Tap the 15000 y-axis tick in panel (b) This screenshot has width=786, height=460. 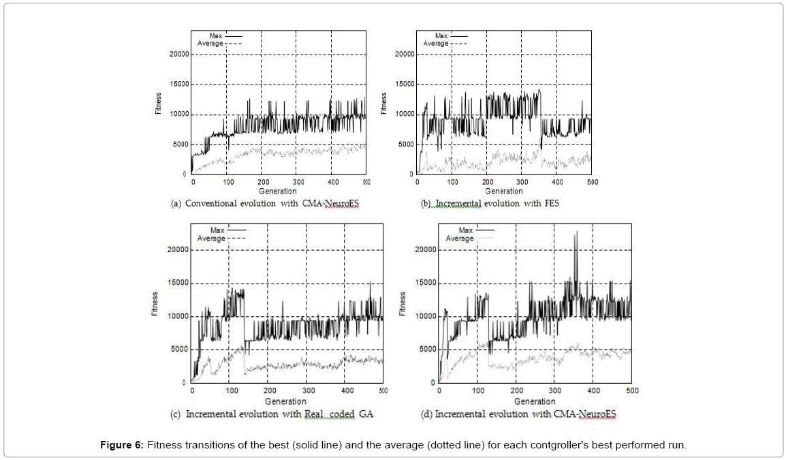404,85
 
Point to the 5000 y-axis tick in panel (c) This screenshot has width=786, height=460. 176,350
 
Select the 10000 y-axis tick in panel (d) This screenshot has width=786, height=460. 426,317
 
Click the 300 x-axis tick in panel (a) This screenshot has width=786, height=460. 298,183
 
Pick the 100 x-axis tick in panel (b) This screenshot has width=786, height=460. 452,183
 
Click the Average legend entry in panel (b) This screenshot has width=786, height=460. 436,44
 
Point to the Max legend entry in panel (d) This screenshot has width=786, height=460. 465,230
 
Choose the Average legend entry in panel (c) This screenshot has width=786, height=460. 211,239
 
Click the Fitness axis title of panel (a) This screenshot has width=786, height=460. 157,104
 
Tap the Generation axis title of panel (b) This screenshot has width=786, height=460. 504,191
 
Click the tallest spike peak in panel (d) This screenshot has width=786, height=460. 576,232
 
